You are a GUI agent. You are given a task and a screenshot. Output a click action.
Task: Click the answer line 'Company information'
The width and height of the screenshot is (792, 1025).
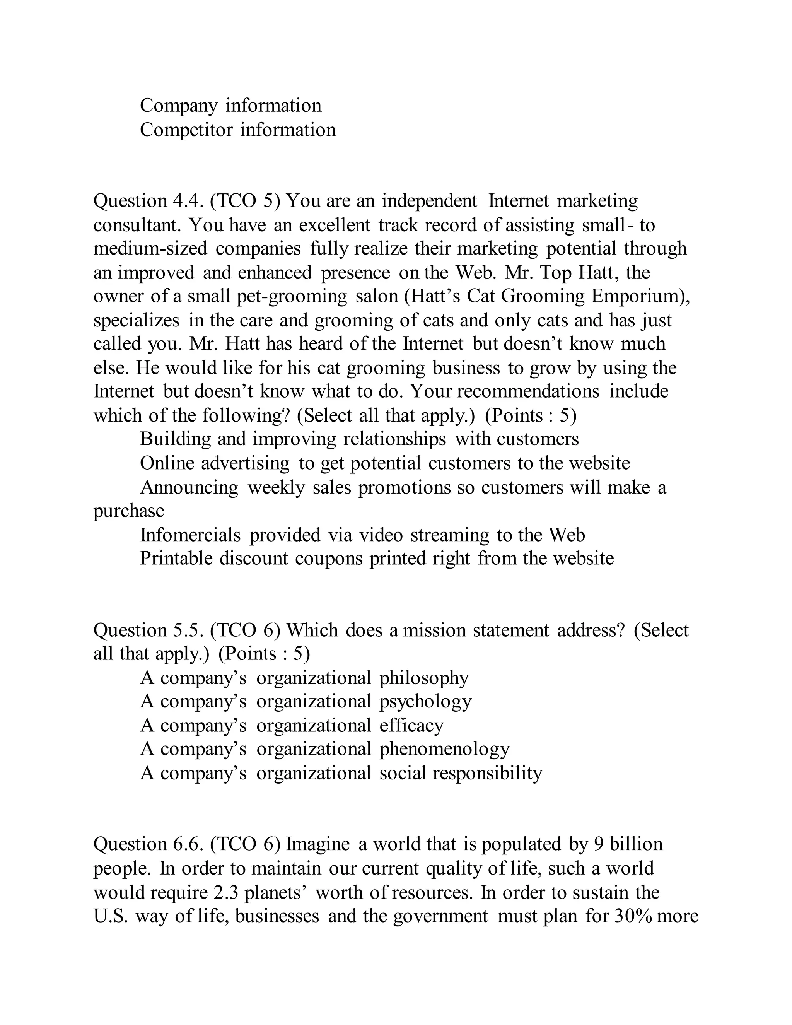tap(230, 106)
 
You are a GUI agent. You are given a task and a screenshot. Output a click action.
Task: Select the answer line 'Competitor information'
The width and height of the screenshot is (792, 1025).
tap(238, 130)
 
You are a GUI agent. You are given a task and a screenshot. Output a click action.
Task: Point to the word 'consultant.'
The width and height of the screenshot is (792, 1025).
tap(137, 225)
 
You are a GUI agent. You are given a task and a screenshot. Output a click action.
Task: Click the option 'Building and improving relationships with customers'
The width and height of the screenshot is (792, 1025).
tap(359, 439)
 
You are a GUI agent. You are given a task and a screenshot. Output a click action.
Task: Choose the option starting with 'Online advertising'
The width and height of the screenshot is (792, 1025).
tap(385, 463)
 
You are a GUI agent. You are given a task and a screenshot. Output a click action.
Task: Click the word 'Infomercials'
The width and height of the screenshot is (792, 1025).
tap(190, 535)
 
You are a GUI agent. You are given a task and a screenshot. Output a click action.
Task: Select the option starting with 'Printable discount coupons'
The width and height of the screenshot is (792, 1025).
tap(377, 559)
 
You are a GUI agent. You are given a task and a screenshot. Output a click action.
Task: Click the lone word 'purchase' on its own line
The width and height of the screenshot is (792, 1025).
tap(129, 511)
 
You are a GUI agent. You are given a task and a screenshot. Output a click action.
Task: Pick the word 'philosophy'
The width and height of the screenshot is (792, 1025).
tap(424, 678)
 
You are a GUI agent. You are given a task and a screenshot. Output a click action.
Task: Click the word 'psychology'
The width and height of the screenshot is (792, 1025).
tap(425, 702)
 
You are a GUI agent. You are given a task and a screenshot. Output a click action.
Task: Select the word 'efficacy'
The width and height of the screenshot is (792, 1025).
tap(411, 726)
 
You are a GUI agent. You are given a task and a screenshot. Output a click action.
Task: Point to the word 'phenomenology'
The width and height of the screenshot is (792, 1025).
tap(444, 749)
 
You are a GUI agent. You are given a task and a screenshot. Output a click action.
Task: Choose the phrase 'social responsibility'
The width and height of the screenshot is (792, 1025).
tap(461, 773)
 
